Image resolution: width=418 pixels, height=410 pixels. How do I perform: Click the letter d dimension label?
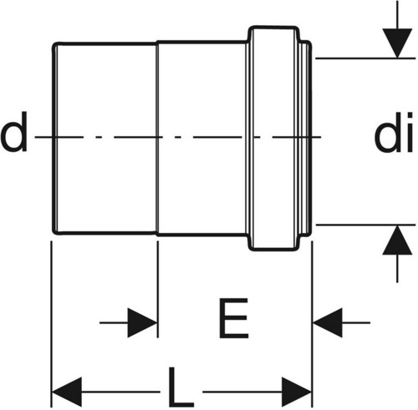coord(13,131)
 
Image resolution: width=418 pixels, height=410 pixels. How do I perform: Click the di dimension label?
coord(394,132)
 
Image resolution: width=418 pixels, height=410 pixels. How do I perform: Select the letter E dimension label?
coord(233,318)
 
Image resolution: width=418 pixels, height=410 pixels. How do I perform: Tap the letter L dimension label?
coord(181,387)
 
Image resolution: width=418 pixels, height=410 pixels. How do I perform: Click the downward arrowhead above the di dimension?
coord(397,43)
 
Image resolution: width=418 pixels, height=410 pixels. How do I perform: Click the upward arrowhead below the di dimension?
coord(397,240)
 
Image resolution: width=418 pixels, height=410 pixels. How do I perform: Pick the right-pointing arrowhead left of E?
coord(142,322)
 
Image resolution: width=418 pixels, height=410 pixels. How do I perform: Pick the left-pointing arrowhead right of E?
coord(328,322)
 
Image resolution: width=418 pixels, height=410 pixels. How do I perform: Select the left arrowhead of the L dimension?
coord(67,392)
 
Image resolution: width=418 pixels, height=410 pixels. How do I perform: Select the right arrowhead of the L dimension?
coord(297,392)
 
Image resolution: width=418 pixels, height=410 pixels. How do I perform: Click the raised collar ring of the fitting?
coord(273,139)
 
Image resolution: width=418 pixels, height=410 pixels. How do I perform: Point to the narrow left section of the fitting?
coord(104,139)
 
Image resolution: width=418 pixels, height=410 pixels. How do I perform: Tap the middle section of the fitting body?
coord(202,139)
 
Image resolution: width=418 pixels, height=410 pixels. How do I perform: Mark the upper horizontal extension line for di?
coord(365,58)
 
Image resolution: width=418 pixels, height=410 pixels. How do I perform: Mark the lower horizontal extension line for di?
coord(365,224)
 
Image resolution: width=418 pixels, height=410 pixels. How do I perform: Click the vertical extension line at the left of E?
coord(158,290)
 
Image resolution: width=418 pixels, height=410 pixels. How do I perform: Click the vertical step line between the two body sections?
coord(157,139)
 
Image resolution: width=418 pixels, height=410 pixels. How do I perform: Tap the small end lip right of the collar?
coord(306,139)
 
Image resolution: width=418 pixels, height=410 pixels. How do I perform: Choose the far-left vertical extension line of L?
coord(51,324)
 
